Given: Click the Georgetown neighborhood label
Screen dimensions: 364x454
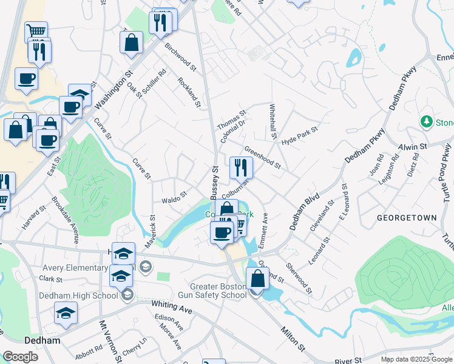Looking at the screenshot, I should pos(406,217).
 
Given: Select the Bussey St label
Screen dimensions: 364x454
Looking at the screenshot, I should pos(214,181).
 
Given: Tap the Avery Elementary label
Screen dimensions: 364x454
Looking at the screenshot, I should pos(75,268).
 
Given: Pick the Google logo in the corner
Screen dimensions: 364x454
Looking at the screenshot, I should pos(20,357).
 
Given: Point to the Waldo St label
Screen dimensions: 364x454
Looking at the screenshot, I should pos(172,200).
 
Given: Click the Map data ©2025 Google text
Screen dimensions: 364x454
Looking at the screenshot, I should pos(416,359).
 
